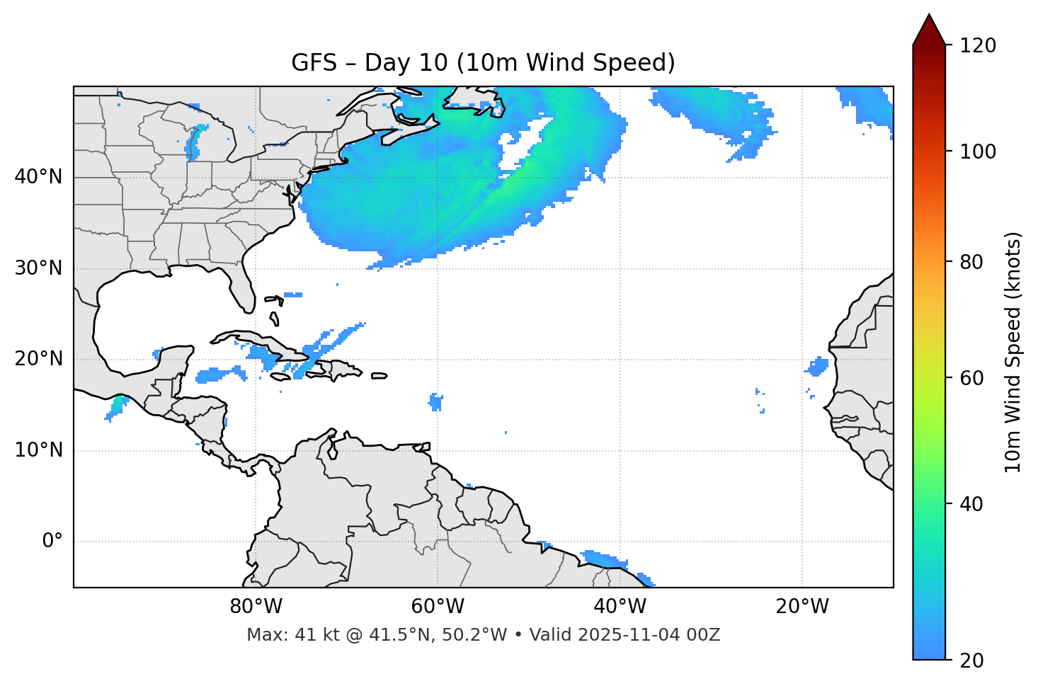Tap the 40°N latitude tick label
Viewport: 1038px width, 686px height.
38,177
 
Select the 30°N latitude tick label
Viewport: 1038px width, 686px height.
38,268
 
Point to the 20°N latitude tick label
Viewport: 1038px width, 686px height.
38,359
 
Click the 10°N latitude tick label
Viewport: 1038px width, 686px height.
38,450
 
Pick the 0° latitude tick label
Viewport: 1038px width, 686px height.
52,542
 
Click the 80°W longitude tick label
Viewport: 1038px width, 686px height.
256,607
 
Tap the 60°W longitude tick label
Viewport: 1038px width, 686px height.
438,607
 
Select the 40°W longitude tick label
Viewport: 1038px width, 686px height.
620,607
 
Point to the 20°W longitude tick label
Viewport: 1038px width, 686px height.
802,607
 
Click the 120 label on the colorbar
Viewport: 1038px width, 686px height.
978,46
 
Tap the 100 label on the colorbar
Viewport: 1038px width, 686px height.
978,152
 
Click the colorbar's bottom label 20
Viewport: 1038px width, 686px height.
972,661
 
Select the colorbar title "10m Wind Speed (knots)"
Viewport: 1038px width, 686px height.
1013,353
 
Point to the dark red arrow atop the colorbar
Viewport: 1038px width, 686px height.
929,30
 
